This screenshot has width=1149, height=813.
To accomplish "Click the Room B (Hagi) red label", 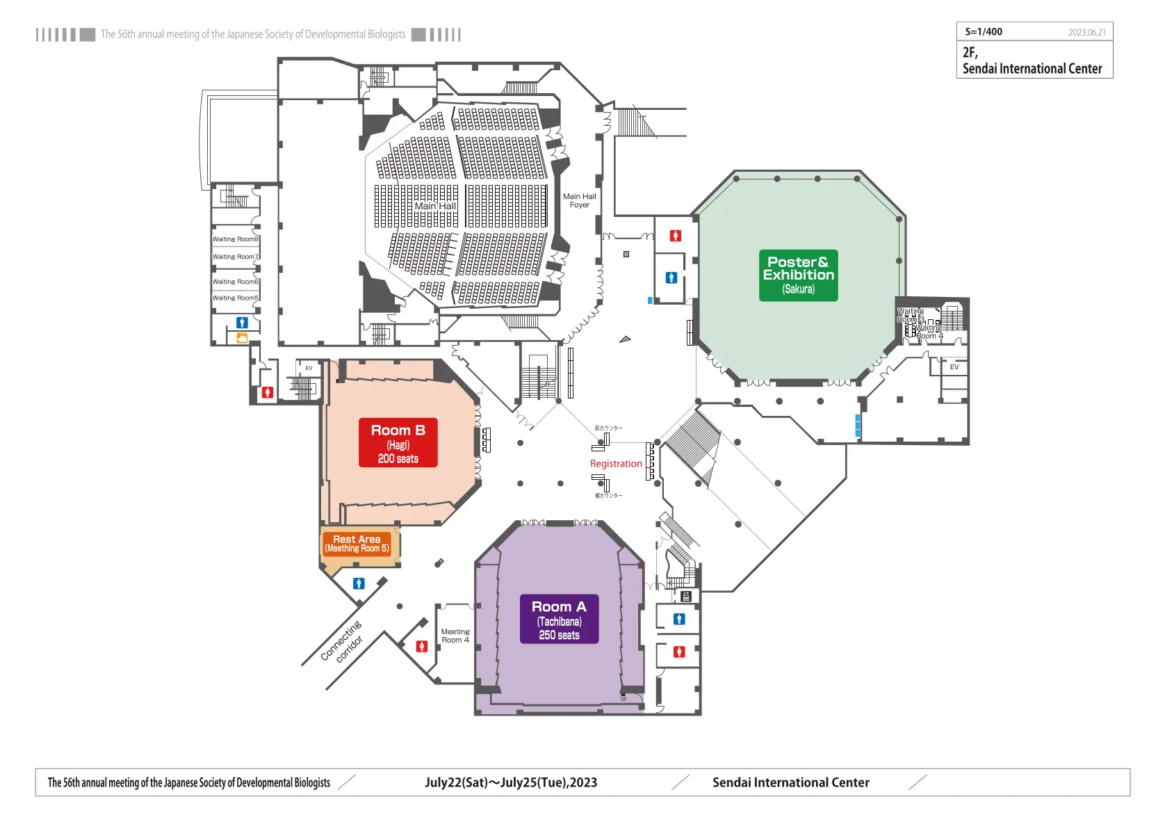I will point(398,442).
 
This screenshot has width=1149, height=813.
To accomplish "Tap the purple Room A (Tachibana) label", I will point(559,619).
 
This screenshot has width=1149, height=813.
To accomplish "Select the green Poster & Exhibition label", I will point(798,275).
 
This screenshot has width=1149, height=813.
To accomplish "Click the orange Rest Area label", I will point(357,543).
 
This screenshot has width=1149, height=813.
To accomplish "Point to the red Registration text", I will point(616,464).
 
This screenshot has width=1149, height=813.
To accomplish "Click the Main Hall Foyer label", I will point(579,200).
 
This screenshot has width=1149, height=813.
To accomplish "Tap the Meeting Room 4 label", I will point(455,636).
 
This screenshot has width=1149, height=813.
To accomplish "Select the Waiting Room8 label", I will point(235,239).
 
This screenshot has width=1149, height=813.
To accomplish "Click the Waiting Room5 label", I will point(235,298).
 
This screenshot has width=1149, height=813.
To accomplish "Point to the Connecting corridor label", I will point(342,642).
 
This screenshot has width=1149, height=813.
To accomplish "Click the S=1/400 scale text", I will point(984,32).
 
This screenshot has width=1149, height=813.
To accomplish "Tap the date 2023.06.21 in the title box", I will point(1086,33).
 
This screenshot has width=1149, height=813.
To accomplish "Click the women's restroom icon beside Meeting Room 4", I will point(421,646).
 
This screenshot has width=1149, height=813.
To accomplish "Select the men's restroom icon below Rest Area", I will point(359,583).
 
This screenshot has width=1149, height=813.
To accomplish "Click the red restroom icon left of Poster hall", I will point(675,236).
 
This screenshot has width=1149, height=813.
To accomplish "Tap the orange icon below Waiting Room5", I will point(242,338).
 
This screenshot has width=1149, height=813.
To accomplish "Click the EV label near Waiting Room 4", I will point(954,367).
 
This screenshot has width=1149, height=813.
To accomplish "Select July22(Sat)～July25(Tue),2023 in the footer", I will point(511,782).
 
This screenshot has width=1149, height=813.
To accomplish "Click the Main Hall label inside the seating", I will point(435,206).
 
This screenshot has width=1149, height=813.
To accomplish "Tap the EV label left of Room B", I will point(309,368).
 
